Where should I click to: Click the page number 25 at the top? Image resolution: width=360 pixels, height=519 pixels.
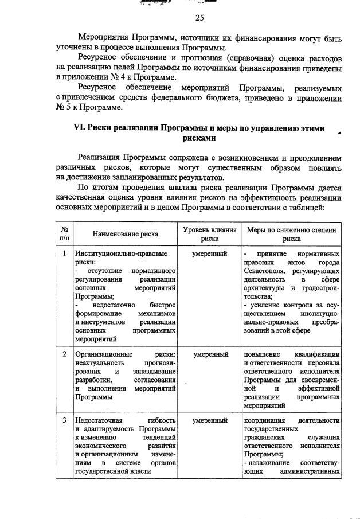(199, 18)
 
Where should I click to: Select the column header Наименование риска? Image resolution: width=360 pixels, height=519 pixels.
(125, 234)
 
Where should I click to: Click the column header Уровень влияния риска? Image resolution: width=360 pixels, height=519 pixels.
(210, 234)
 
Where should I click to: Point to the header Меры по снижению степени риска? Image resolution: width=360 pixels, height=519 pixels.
(291, 234)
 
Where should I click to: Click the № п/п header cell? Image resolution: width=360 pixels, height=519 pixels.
(64, 234)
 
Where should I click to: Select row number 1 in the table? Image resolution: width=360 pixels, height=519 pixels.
(64, 253)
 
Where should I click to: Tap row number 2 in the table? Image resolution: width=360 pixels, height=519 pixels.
(64, 354)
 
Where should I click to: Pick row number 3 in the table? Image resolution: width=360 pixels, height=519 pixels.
(64, 420)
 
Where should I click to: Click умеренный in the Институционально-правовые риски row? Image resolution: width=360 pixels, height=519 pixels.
(210, 253)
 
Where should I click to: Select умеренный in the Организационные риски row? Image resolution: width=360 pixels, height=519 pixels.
(210, 354)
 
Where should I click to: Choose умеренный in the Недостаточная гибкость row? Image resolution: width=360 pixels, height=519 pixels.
(210, 420)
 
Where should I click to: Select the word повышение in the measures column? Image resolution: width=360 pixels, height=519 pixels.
(264, 354)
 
